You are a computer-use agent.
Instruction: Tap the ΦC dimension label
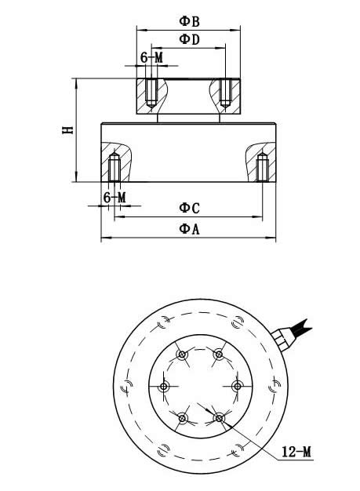pyautogui.click(x=189, y=207)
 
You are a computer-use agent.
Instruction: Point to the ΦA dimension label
pyautogui.click(x=189, y=228)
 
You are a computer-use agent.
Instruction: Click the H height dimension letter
pyautogui.click(x=67, y=129)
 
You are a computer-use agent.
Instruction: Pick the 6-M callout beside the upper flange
pyautogui.click(x=151, y=57)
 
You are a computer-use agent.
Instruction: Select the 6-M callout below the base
pyautogui.click(x=115, y=198)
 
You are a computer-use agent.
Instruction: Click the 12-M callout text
pyautogui.click(x=296, y=452)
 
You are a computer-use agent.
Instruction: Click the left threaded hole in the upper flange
pyautogui.click(x=151, y=92)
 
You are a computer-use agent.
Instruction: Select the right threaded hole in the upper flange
pyautogui.click(x=225, y=92)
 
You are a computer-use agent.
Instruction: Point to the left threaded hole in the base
pyautogui.click(x=115, y=166)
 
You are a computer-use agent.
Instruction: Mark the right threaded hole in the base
pyautogui.click(x=262, y=166)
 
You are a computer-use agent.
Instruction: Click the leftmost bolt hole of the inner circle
pyautogui.click(x=165, y=387)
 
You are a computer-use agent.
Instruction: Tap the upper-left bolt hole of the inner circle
pyautogui.click(x=183, y=356)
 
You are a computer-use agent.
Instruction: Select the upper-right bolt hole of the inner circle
pyautogui.click(x=219, y=356)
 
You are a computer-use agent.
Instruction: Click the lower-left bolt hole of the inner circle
pyautogui.click(x=183, y=417)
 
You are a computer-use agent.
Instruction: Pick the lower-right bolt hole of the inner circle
pyautogui.click(x=219, y=417)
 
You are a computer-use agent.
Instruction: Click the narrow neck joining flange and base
pyautogui.click(x=188, y=118)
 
